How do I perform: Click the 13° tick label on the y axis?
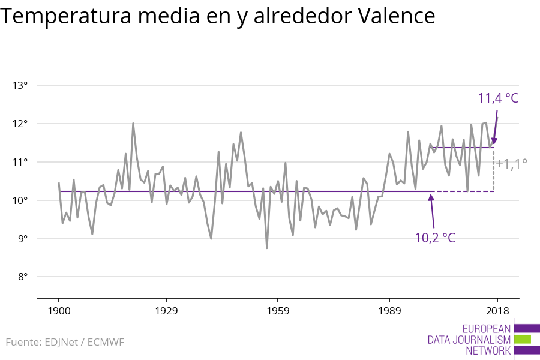(20, 85)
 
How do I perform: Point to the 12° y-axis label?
(20, 124)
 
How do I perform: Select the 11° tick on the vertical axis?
(20, 162)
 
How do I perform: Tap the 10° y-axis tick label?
(20, 200)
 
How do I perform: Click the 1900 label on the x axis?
(59, 311)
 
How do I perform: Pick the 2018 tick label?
(497, 311)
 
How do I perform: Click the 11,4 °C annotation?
(497, 98)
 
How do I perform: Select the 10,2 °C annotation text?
(435, 238)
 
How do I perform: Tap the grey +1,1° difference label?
(511, 163)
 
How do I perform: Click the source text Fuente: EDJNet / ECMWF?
(65, 343)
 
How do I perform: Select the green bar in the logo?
(523, 339)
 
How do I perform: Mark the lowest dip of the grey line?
(266, 248)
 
